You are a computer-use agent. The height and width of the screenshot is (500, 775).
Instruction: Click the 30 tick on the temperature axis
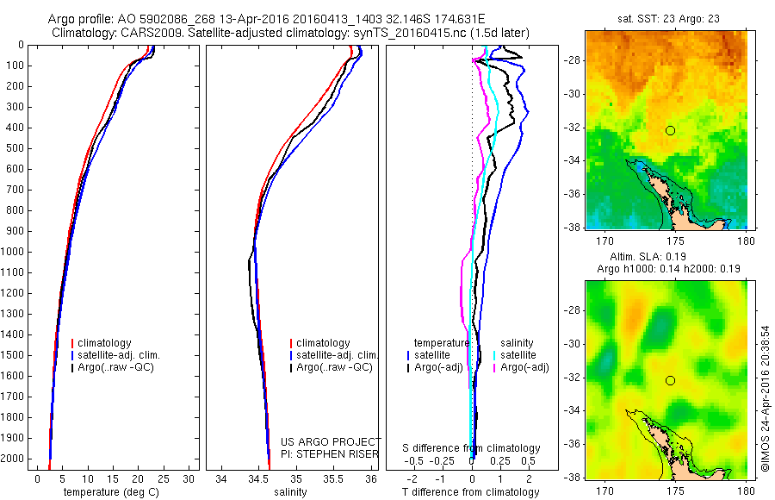point(189,478)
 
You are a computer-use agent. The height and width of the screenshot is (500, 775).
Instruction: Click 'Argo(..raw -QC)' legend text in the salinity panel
point(335,367)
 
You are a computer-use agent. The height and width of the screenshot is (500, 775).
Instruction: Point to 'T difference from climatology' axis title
point(470,492)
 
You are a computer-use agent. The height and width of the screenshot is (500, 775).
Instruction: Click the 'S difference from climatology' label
point(472,448)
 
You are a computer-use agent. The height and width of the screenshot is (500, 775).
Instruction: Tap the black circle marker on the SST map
point(670,130)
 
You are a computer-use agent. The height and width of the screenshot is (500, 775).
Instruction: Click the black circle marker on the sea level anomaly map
point(670,380)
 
